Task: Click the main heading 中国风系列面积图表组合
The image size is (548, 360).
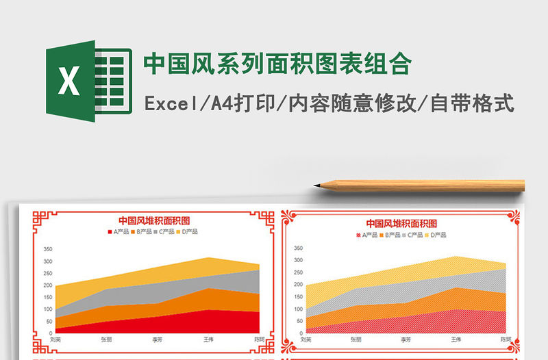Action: tap(277, 64)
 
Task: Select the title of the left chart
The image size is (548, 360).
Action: tap(154, 220)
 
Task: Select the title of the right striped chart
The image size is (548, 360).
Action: tap(401, 223)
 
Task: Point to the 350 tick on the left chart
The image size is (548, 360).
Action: tap(47, 249)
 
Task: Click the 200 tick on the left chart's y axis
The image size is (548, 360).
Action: tap(47, 285)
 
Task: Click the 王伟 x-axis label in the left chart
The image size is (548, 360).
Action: tap(210, 339)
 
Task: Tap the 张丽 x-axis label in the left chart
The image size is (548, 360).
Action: tap(107, 339)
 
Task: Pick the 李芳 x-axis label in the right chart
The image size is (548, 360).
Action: tap(406, 339)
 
